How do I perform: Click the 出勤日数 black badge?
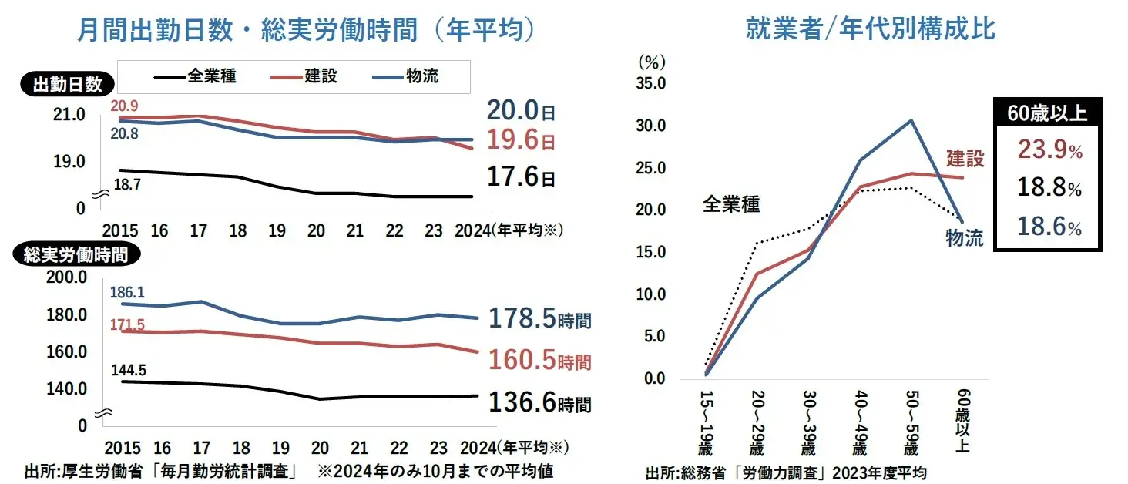pos(67,85)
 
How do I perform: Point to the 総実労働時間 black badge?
pos(75,255)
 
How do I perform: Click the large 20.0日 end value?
pos(520,112)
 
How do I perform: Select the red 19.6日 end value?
pos(520,142)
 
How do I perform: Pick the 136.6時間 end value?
pos(539,402)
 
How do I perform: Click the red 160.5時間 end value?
pos(539,361)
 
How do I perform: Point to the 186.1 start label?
pos(128,293)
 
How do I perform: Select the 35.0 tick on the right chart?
pos(651,83)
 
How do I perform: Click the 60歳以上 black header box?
pos(1047,113)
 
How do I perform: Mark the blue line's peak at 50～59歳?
pos(911,120)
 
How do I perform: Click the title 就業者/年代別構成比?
pos(871,29)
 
